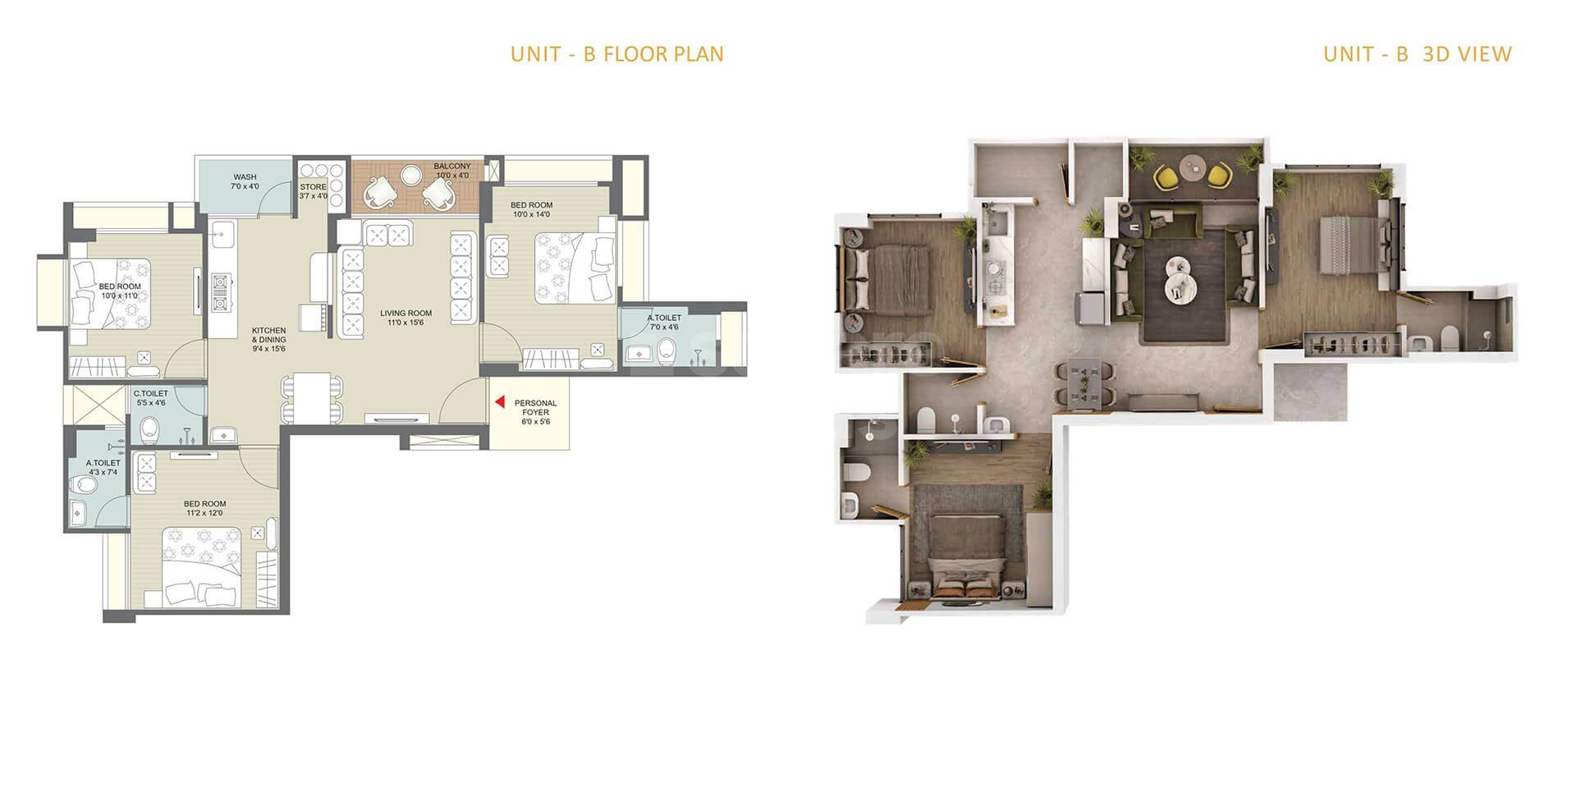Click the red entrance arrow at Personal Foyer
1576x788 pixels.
coord(498,402)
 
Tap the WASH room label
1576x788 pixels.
coord(245,177)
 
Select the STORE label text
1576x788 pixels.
coord(313,187)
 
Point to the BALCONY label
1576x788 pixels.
coord(452,167)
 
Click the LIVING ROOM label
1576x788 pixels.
coord(405,313)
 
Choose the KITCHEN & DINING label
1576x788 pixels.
coord(268,335)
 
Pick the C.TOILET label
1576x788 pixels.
coord(150,394)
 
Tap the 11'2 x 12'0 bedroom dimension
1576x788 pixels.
coord(204,514)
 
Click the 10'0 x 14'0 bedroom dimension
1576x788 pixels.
coord(531,215)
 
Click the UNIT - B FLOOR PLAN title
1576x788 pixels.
coord(616,54)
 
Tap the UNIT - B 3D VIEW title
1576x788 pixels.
coord(1417,54)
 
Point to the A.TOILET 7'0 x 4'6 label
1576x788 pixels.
coord(664,318)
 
